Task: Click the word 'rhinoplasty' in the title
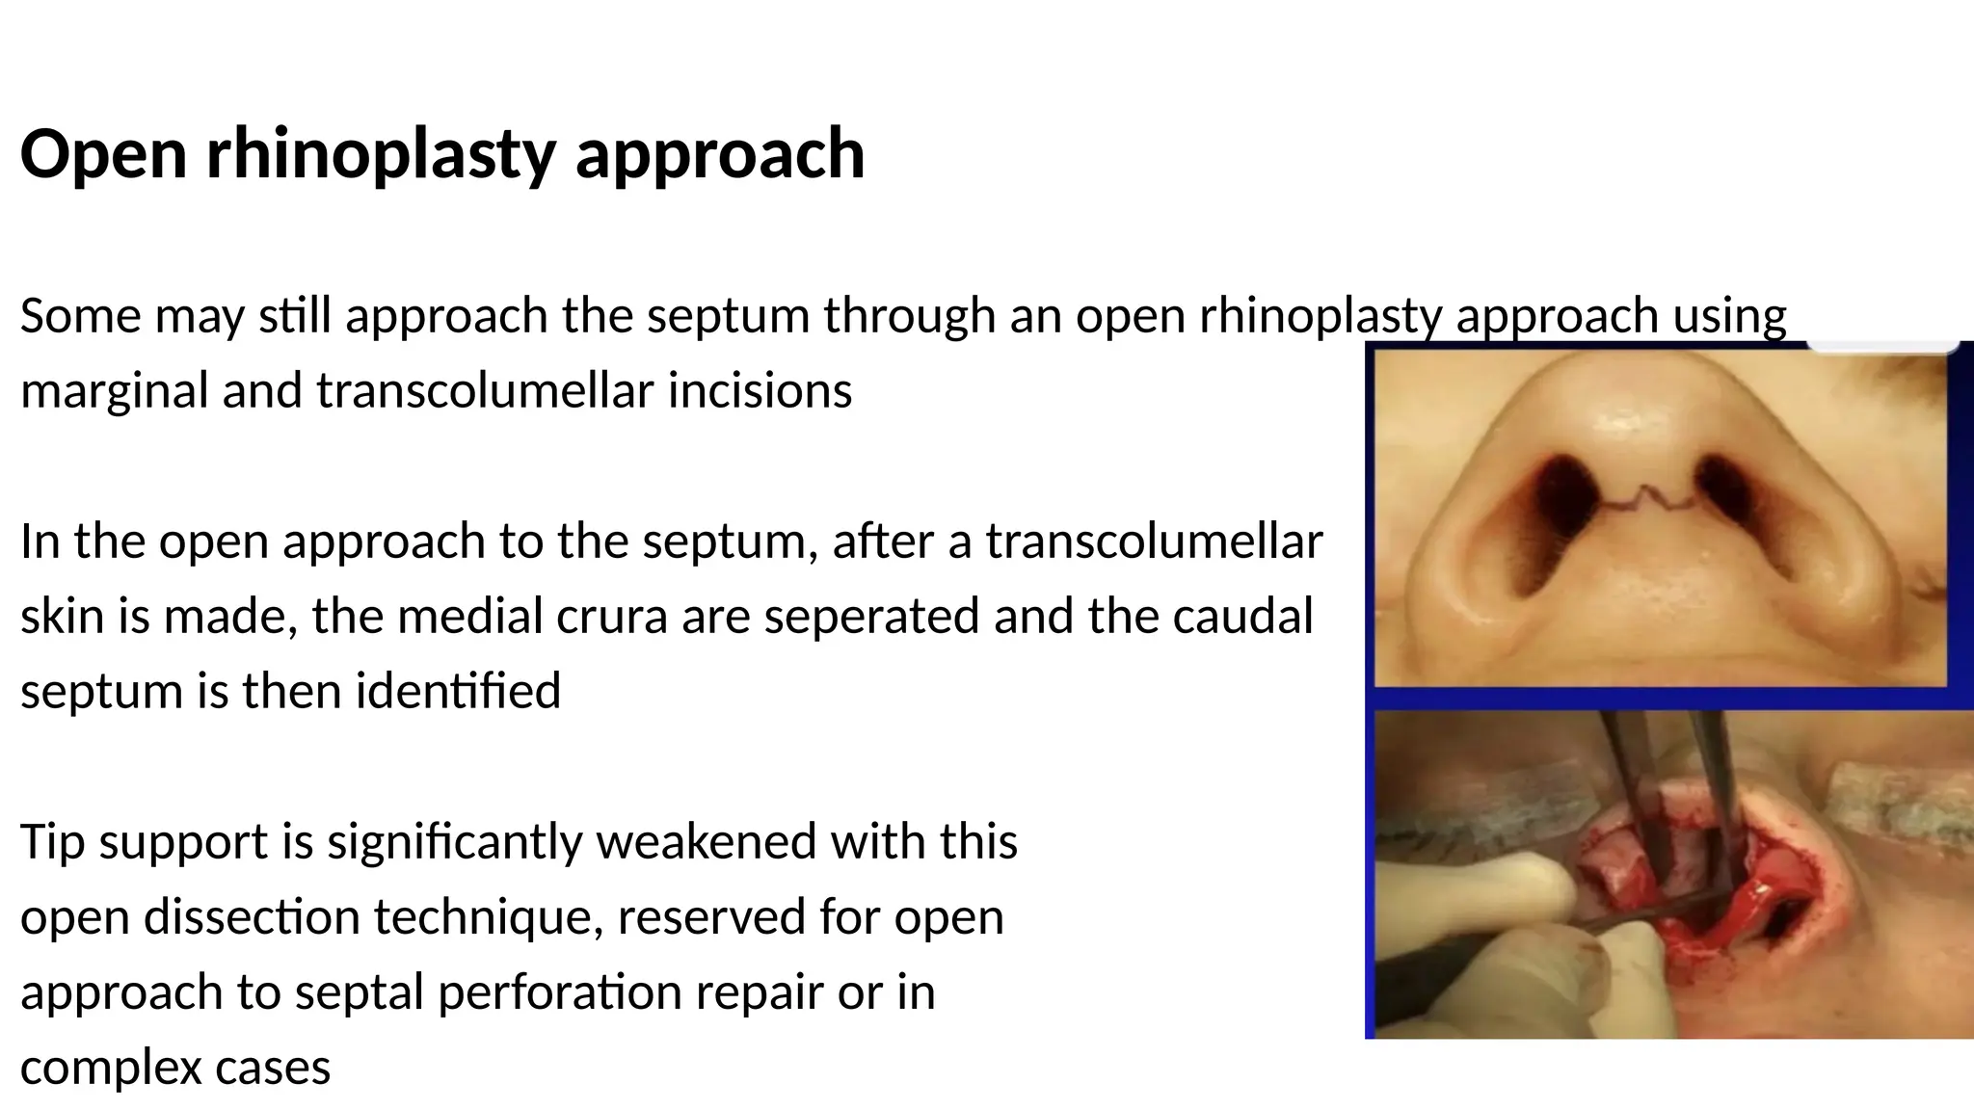point(380,154)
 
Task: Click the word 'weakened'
point(706,841)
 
